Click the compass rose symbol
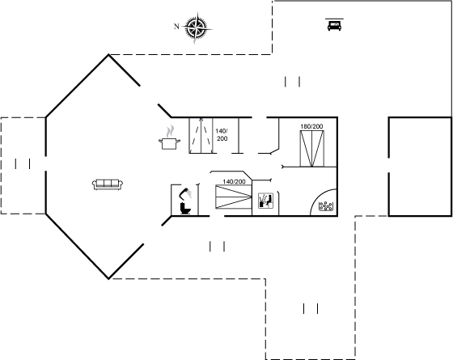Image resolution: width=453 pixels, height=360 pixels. [x=197, y=28]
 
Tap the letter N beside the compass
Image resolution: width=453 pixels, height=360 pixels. [x=176, y=26]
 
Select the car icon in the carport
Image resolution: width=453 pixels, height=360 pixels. [x=334, y=24]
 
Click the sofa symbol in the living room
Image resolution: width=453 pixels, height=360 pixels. [x=108, y=184]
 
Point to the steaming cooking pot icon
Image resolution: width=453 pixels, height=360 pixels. [x=169, y=138]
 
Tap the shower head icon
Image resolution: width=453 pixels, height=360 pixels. [x=185, y=193]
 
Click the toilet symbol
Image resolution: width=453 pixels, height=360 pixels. [x=185, y=208]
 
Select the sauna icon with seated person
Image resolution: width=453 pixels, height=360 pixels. [x=265, y=201]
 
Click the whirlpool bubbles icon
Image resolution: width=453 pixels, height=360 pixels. [x=325, y=206]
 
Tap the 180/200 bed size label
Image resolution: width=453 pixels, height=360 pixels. [x=311, y=126]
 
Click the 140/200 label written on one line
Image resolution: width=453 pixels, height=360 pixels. [x=234, y=181]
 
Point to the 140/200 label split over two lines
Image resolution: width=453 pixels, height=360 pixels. [x=222, y=134]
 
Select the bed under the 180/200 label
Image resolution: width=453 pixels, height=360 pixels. [x=312, y=149]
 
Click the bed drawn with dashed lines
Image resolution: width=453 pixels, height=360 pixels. [x=201, y=135]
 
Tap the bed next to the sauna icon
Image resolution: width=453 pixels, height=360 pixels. [x=234, y=197]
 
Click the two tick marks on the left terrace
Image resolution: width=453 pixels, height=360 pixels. [x=23, y=163]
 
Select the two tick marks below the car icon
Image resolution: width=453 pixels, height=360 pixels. [x=292, y=82]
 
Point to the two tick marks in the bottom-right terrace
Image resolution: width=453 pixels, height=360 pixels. [x=311, y=308]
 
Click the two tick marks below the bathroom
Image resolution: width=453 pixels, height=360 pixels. [x=218, y=247]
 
